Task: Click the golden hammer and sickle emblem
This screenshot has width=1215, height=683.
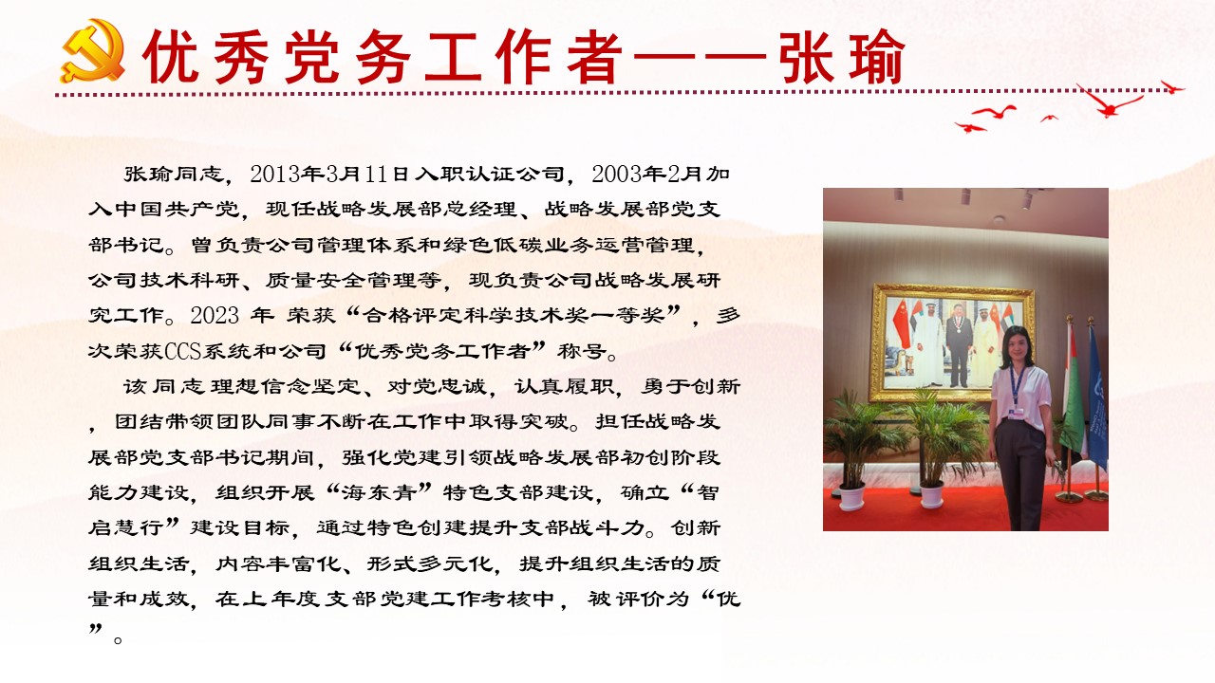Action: coord(92,51)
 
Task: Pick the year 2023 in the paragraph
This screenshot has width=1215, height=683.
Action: coord(215,316)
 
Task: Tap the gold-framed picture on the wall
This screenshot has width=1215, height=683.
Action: coord(952,341)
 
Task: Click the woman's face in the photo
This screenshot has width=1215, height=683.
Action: coord(1014,346)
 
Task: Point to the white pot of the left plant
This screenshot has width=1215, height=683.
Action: coord(852,496)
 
